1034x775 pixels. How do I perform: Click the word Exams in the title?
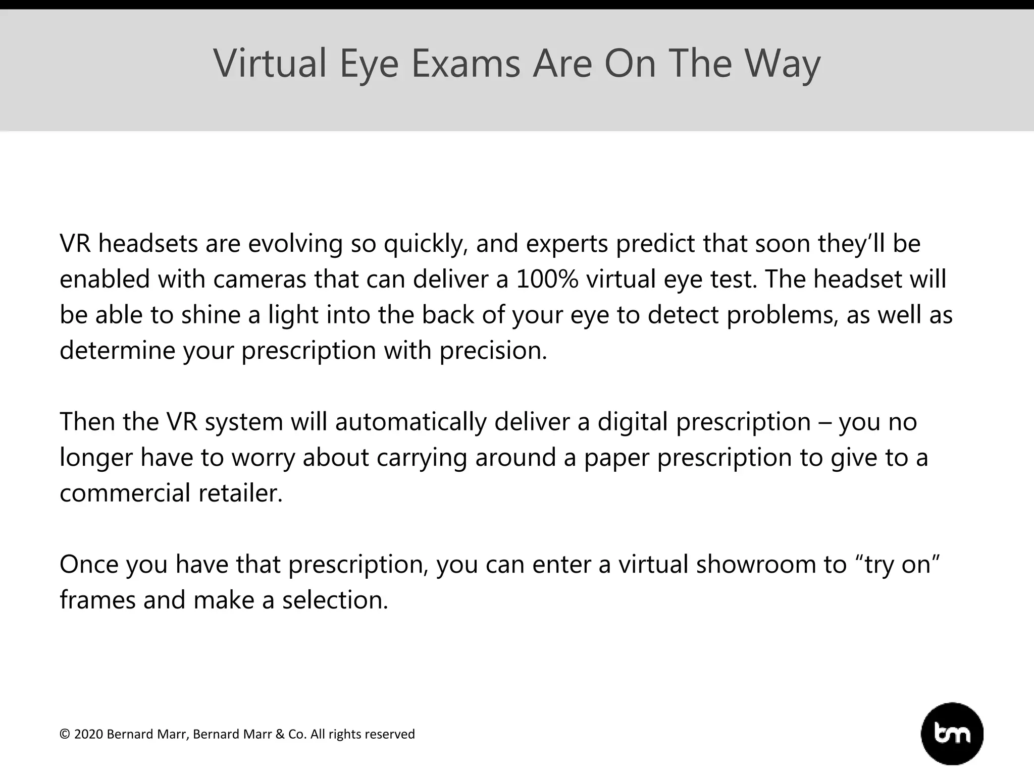tap(465, 64)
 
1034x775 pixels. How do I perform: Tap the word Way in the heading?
tap(782, 64)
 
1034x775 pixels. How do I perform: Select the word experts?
tap(567, 244)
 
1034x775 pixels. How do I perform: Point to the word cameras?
tap(260, 279)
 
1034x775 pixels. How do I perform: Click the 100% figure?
tap(547, 279)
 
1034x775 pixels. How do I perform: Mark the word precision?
tap(493, 350)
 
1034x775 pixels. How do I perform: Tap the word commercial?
tap(125, 493)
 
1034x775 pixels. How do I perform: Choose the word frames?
tap(97, 600)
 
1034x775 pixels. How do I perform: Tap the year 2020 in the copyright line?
tap(88, 734)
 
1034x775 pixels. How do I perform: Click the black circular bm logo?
tap(952, 734)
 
